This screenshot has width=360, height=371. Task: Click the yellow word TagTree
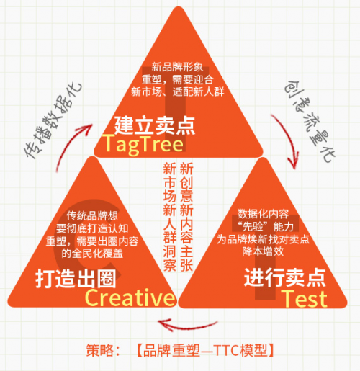pos(143,144)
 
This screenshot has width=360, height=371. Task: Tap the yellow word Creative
pos(130,298)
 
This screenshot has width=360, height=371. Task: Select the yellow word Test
pos(305,299)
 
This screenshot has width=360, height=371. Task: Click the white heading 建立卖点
pos(155,125)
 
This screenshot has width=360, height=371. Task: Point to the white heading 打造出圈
pos(76,279)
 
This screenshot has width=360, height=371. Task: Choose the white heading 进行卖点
pos(284,277)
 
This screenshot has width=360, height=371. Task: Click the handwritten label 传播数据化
pos(53,120)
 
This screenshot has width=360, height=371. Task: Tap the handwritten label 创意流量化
pos(310,121)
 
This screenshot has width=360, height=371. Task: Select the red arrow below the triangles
pos(188,326)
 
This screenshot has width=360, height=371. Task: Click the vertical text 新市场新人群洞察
pos(170,217)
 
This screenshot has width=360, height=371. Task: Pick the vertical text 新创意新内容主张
pos(186,217)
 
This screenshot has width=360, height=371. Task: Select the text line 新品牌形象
pos(177,67)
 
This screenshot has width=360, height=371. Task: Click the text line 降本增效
pos(263,251)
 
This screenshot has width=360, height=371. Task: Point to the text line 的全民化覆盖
pos(92,254)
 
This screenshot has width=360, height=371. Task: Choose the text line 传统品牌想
pos(92,215)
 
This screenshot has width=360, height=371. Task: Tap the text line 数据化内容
pos(263,214)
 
